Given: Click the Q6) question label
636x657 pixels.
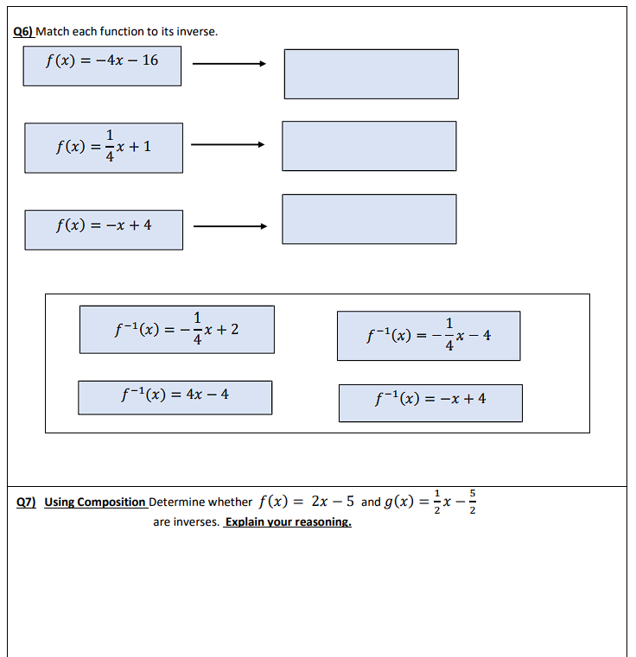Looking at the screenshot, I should coord(24,32).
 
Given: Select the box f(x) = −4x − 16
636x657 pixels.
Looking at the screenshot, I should coord(102,66).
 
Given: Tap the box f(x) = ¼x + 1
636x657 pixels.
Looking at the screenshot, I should coord(104,148).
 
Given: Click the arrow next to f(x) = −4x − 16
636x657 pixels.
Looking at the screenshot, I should coord(228,63).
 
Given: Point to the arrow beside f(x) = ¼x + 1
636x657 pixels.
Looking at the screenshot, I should coord(226,145).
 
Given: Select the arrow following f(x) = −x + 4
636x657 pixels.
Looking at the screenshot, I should coord(230,227).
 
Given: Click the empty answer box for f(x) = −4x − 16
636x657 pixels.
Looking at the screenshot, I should coord(371,73).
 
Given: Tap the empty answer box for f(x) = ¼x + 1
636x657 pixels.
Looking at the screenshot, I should coord(369,146).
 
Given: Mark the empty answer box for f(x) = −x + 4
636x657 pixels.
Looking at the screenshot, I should coord(369,219).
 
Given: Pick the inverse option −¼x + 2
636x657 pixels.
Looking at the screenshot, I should coord(177,329).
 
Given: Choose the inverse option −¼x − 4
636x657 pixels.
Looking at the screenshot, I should coord(429,336).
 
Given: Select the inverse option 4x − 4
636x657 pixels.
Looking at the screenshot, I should coord(175,397).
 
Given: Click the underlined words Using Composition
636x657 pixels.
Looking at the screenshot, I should coord(95,502).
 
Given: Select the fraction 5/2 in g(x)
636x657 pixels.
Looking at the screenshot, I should coord(473,502).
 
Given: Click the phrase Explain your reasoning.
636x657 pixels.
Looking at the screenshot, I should coord(288,522).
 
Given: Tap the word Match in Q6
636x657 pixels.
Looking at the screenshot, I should coord(52,32).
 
